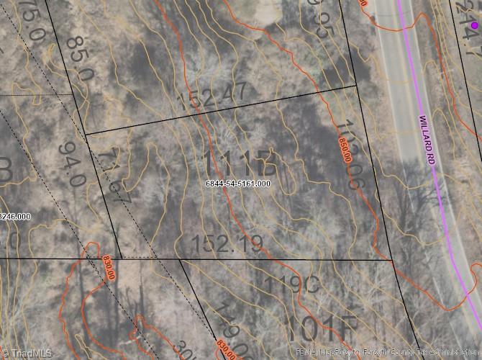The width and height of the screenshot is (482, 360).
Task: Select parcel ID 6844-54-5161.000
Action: tap(238, 184)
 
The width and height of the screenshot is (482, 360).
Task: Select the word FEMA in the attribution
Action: tap(296, 353)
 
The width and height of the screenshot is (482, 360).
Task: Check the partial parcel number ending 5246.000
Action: tap(14, 216)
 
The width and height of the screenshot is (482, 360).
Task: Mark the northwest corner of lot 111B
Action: tap(86, 134)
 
